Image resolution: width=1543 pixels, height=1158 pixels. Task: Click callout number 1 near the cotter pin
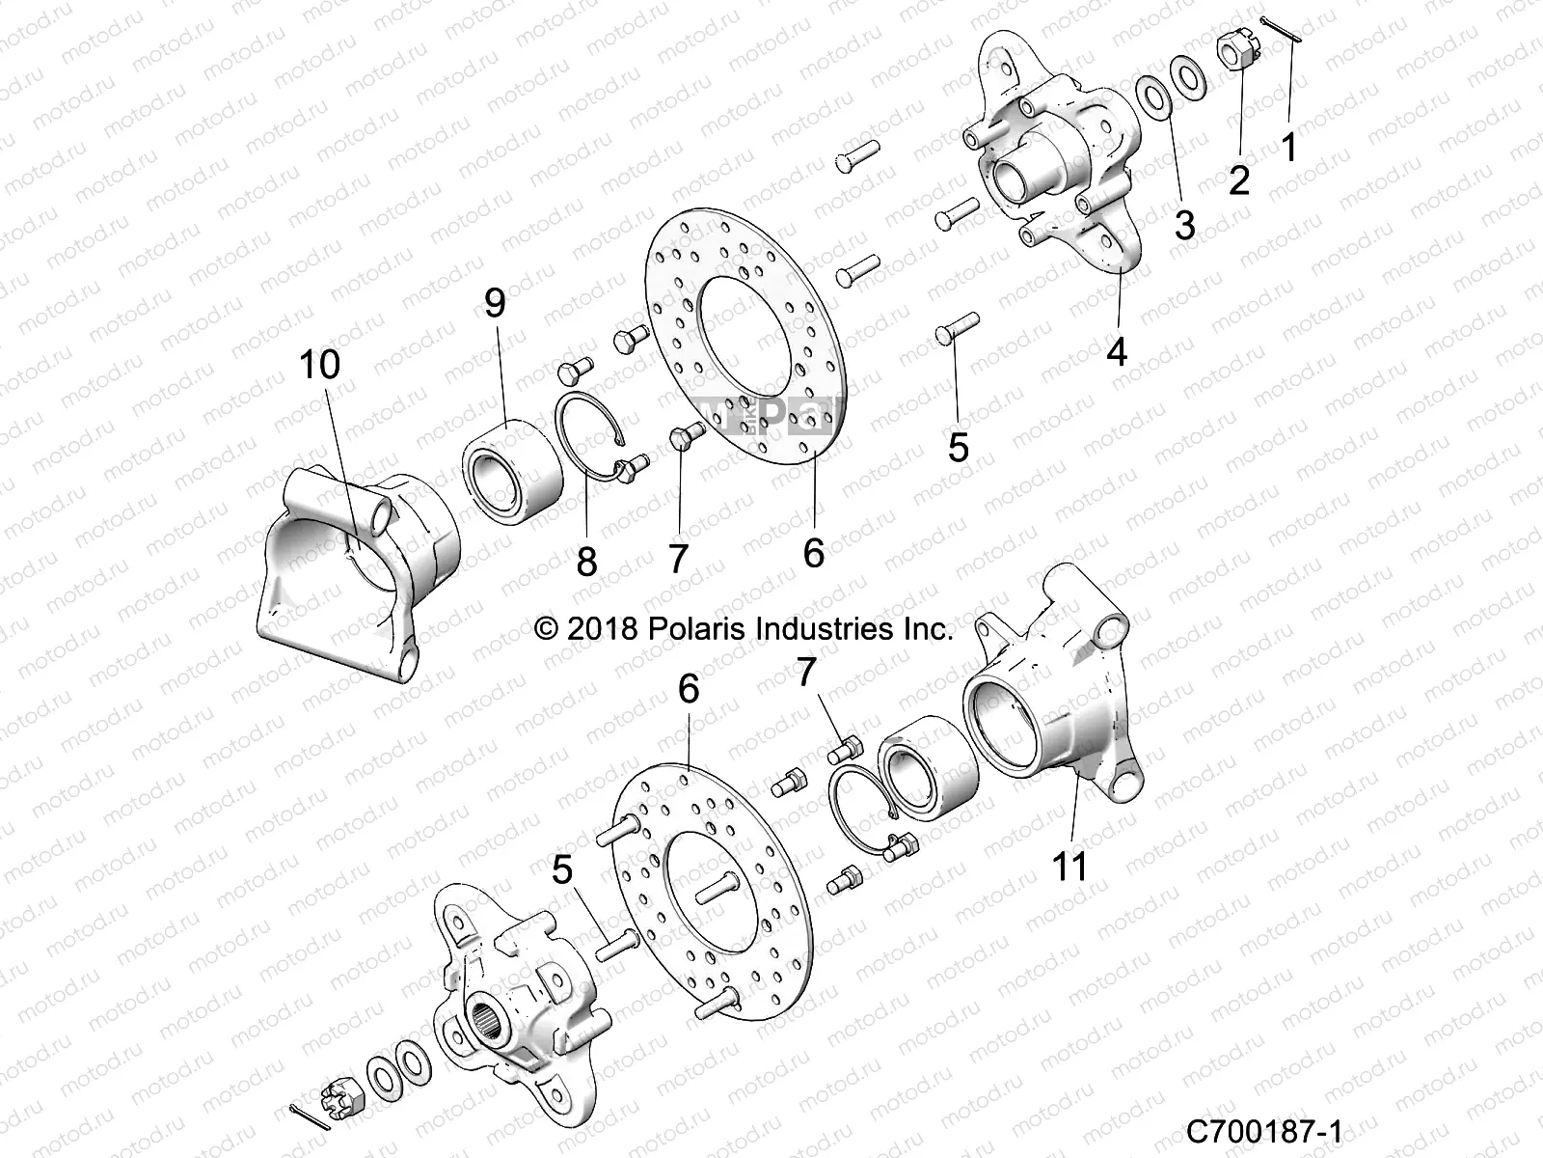pyautogui.click(x=1289, y=148)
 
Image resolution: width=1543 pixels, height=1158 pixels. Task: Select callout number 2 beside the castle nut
pyautogui.click(x=1238, y=179)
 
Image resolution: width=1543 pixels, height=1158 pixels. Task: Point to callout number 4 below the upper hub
pyautogui.click(x=1116, y=351)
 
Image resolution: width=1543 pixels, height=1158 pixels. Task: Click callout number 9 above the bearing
pyautogui.click(x=494, y=304)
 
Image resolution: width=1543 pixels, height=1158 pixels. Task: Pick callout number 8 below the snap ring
pyautogui.click(x=586, y=561)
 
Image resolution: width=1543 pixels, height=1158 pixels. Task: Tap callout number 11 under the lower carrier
pyautogui.click(x=1069, y=866)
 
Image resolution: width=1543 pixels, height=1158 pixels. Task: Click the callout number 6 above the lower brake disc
pyautogui.click(x=688, y=689)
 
